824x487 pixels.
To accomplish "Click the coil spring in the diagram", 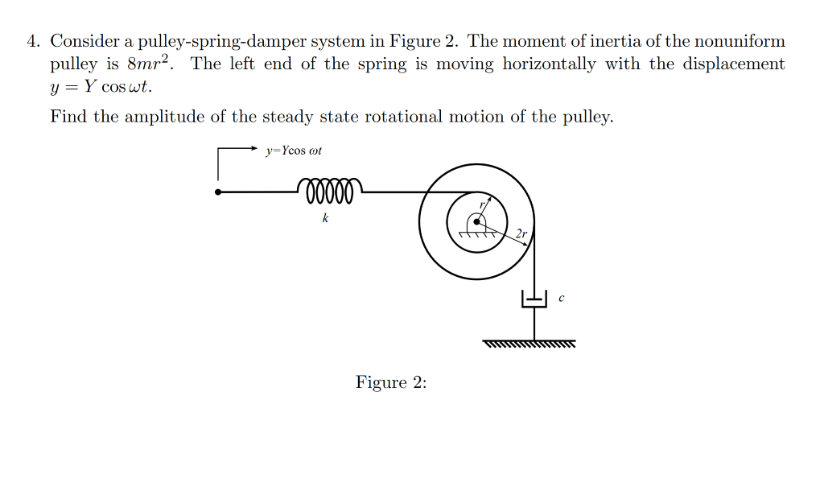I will coord(329,190).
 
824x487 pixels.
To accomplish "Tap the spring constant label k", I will coord(324,218).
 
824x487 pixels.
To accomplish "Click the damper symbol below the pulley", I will coord(534,299).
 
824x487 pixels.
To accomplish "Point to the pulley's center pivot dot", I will coord(476,222).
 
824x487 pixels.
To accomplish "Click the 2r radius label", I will coord(521,233).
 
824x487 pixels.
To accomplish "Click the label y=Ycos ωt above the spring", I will coord(294,151).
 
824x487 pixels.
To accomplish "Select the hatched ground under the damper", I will coord(530,345).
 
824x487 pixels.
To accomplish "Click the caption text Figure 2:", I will coord(391,382).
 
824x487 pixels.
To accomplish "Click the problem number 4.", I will coord(33,41).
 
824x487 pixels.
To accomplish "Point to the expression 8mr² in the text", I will coord(151,64).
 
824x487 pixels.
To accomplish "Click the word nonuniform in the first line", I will coord(737,41).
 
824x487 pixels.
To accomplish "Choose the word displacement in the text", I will coord(734,64).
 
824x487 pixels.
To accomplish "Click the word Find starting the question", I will coord(68,117).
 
